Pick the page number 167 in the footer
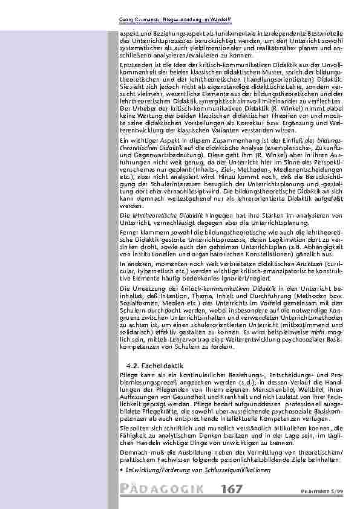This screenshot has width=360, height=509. [x=232, y=489]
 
